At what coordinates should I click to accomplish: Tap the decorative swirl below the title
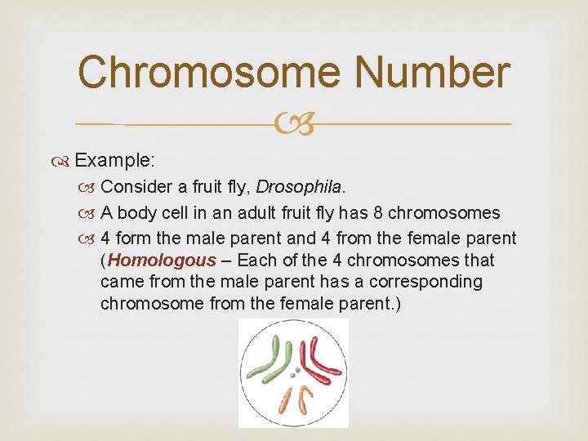point(294,125)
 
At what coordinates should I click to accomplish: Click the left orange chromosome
point(285,399)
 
